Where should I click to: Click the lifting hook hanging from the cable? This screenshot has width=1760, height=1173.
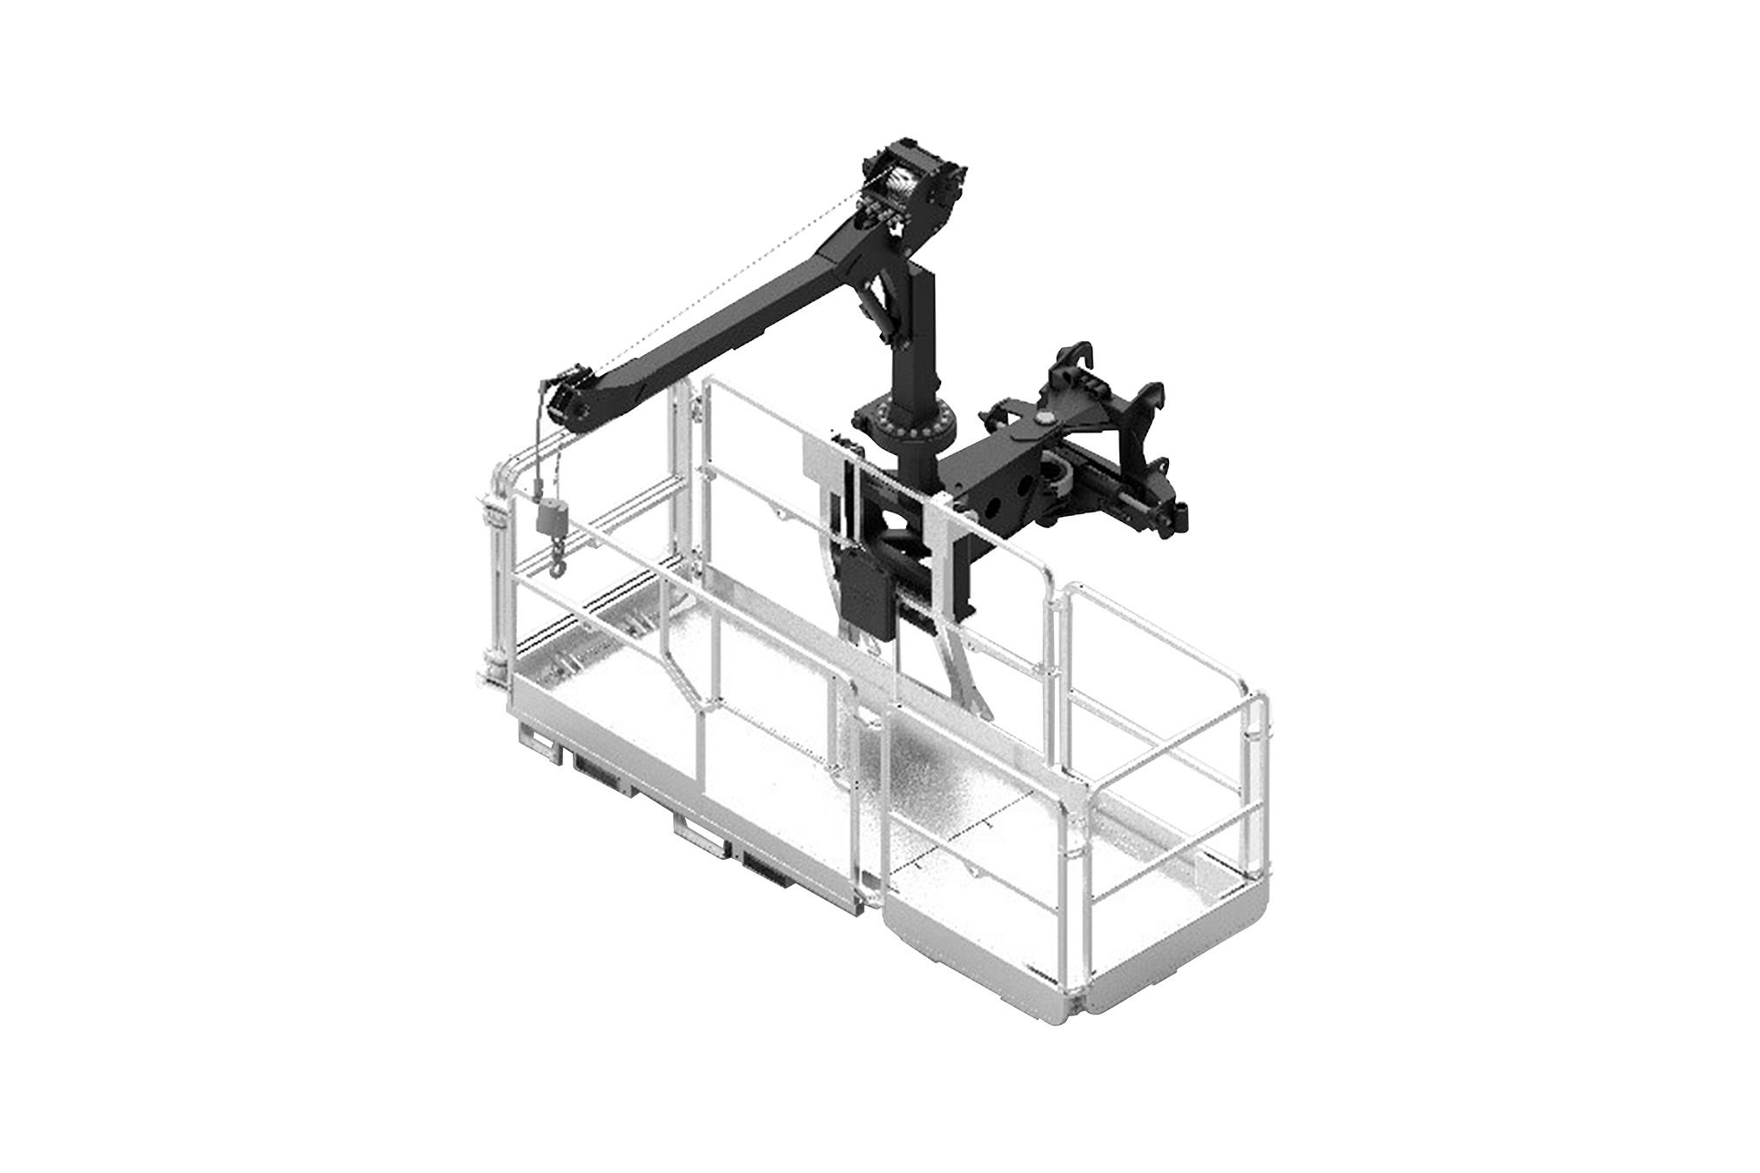tap(554, 566)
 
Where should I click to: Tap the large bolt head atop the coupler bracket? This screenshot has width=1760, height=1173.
tap(1042, 420)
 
